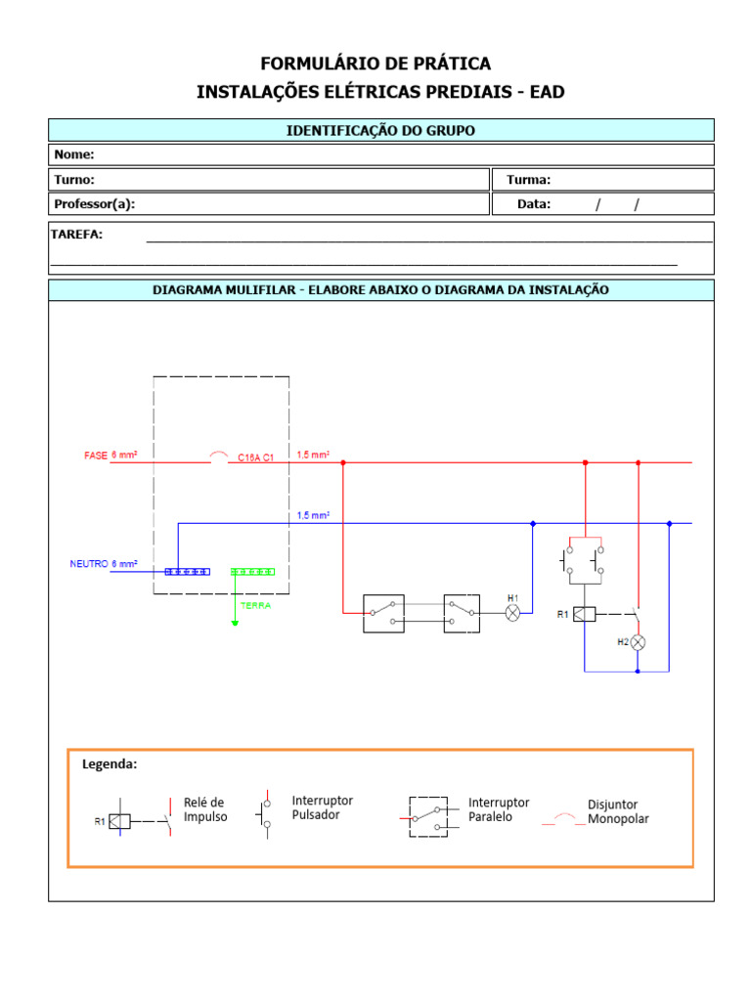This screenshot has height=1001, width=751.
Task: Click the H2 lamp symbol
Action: coord(638,642)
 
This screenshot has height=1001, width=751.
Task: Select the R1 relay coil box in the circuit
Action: coord(584,614)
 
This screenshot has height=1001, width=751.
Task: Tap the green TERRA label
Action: coord(255,605)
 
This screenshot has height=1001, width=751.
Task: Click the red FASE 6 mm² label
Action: coord(110,456)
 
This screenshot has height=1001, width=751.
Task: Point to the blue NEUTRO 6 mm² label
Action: coord(103,564)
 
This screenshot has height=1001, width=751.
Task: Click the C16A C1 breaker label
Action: coord(256,457)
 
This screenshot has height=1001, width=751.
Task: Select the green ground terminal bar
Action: coord(253,571)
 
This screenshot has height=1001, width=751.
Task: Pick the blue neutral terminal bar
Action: coord(187,571)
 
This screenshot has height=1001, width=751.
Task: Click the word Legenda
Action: coord(110,764)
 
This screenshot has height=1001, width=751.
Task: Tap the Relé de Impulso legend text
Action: coord(205,809)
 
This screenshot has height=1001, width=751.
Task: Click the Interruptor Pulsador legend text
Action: coord(323,807)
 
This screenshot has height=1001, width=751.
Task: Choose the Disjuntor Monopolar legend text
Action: coord(618,811)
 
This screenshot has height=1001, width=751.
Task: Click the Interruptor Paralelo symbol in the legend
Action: coord(429,816)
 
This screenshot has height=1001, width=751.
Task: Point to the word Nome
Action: coord(74,154)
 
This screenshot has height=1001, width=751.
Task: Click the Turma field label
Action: coord(528,180)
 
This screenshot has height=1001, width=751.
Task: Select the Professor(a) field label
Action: coord(95,204)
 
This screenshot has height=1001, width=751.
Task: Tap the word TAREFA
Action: coord(78,235)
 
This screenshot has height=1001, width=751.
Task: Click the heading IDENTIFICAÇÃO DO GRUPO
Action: coord(380,130)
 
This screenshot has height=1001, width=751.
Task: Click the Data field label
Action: coord(534,204)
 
